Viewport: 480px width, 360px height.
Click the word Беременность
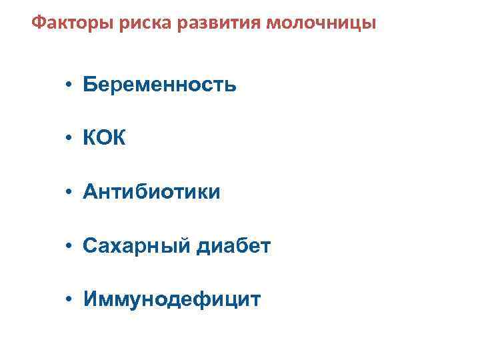[x=160, y=85]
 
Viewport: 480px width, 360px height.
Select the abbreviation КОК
[x=104, y=139]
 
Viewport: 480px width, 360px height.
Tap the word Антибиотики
[x=151, y=193]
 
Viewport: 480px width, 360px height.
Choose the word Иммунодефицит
[x=172, y=300]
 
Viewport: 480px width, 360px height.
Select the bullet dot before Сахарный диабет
[x=69, y=247]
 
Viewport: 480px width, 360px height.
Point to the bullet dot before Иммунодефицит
[x=69, y=301]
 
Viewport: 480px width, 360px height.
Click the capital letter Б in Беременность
[x=90, y=85]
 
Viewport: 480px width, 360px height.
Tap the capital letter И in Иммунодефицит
[x=91, y=300]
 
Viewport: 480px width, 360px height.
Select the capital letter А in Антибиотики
[x=91, y=193]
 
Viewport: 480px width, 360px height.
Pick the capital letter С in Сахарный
[x=91, y=247]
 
